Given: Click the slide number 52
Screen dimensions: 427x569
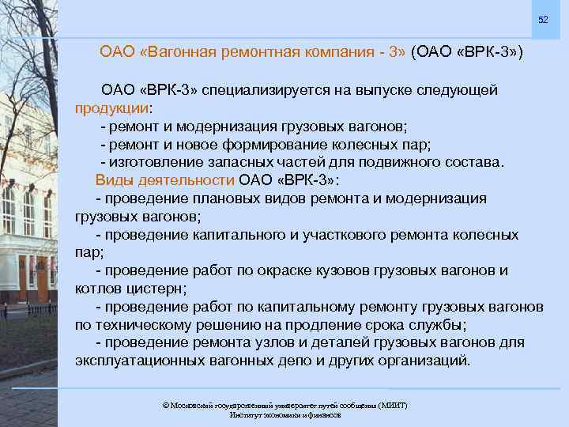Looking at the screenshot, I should pyautogui.click(x=543, y=19).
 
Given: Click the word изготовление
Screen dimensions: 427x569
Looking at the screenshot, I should pyautogui.click(x=150, y=162).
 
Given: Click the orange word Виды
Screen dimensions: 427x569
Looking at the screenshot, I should pyautogui.click(x=112, y=179).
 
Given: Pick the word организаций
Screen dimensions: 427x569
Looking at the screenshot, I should pyautogui.click(x=421, y=361).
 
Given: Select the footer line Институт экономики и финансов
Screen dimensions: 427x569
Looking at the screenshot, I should pyautogui.click(x=284, y=415).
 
